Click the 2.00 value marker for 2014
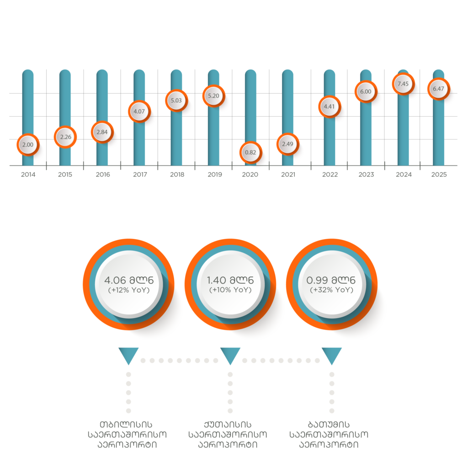pyautogui.click(x=28, y=145)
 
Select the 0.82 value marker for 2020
pyautogui.click(x=250, y=152)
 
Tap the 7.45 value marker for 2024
pyautogui.click(x=403, y=84)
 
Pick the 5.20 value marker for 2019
pyautogui.click(x=213, y=96)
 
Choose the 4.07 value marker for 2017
pyautogui.click(x=139, y=111)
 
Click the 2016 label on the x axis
pyautogui.click(x=102, y=175)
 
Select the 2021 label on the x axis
pyautogui.click(x=288, y=175)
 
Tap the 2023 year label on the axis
pyautogui.click(x=366, y=175)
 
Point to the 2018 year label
pyautogui.click(x=176, y=175)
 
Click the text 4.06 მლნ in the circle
pyautogui.click(x=129, y=280)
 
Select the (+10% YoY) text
pyautogui.click(x=230, y=290)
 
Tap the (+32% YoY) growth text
pyautogui.click(x=331, y=290)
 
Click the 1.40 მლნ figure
pyautogui.click(x=230, y=280)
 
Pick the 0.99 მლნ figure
pyautogui.click(x=331, y=280)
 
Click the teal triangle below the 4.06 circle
pyautogui.click(x=128, y=355)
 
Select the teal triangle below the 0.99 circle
pyautogui.click(x=331, y=355)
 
